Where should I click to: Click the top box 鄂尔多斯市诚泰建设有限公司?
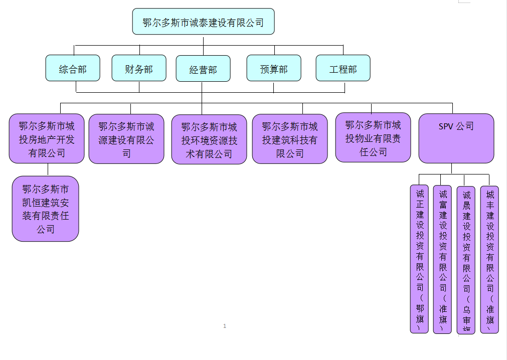[x=203, y=22]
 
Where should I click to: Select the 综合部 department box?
[x=73, y=68]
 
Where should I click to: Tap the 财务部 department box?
[x=139, y=68]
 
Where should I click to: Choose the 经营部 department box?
[x=203, y=69]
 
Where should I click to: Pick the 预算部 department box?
[x=274, y=68]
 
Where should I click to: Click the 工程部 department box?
[x=343, y=68]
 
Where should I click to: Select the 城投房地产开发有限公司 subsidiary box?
[x=47, y=139]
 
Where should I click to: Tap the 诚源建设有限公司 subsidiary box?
[x=126, y=139]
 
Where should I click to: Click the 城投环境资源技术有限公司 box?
[x=209, y=140]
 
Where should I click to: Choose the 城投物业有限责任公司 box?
[x=373, y=138]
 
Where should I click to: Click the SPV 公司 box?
[x=456, y=138]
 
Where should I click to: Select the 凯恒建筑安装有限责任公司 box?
[x=46, y=209]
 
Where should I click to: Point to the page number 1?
[x=225, y=326]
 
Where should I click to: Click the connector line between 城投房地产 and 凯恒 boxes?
[x=48, y=169]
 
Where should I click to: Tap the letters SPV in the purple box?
[x=446, y=126]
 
